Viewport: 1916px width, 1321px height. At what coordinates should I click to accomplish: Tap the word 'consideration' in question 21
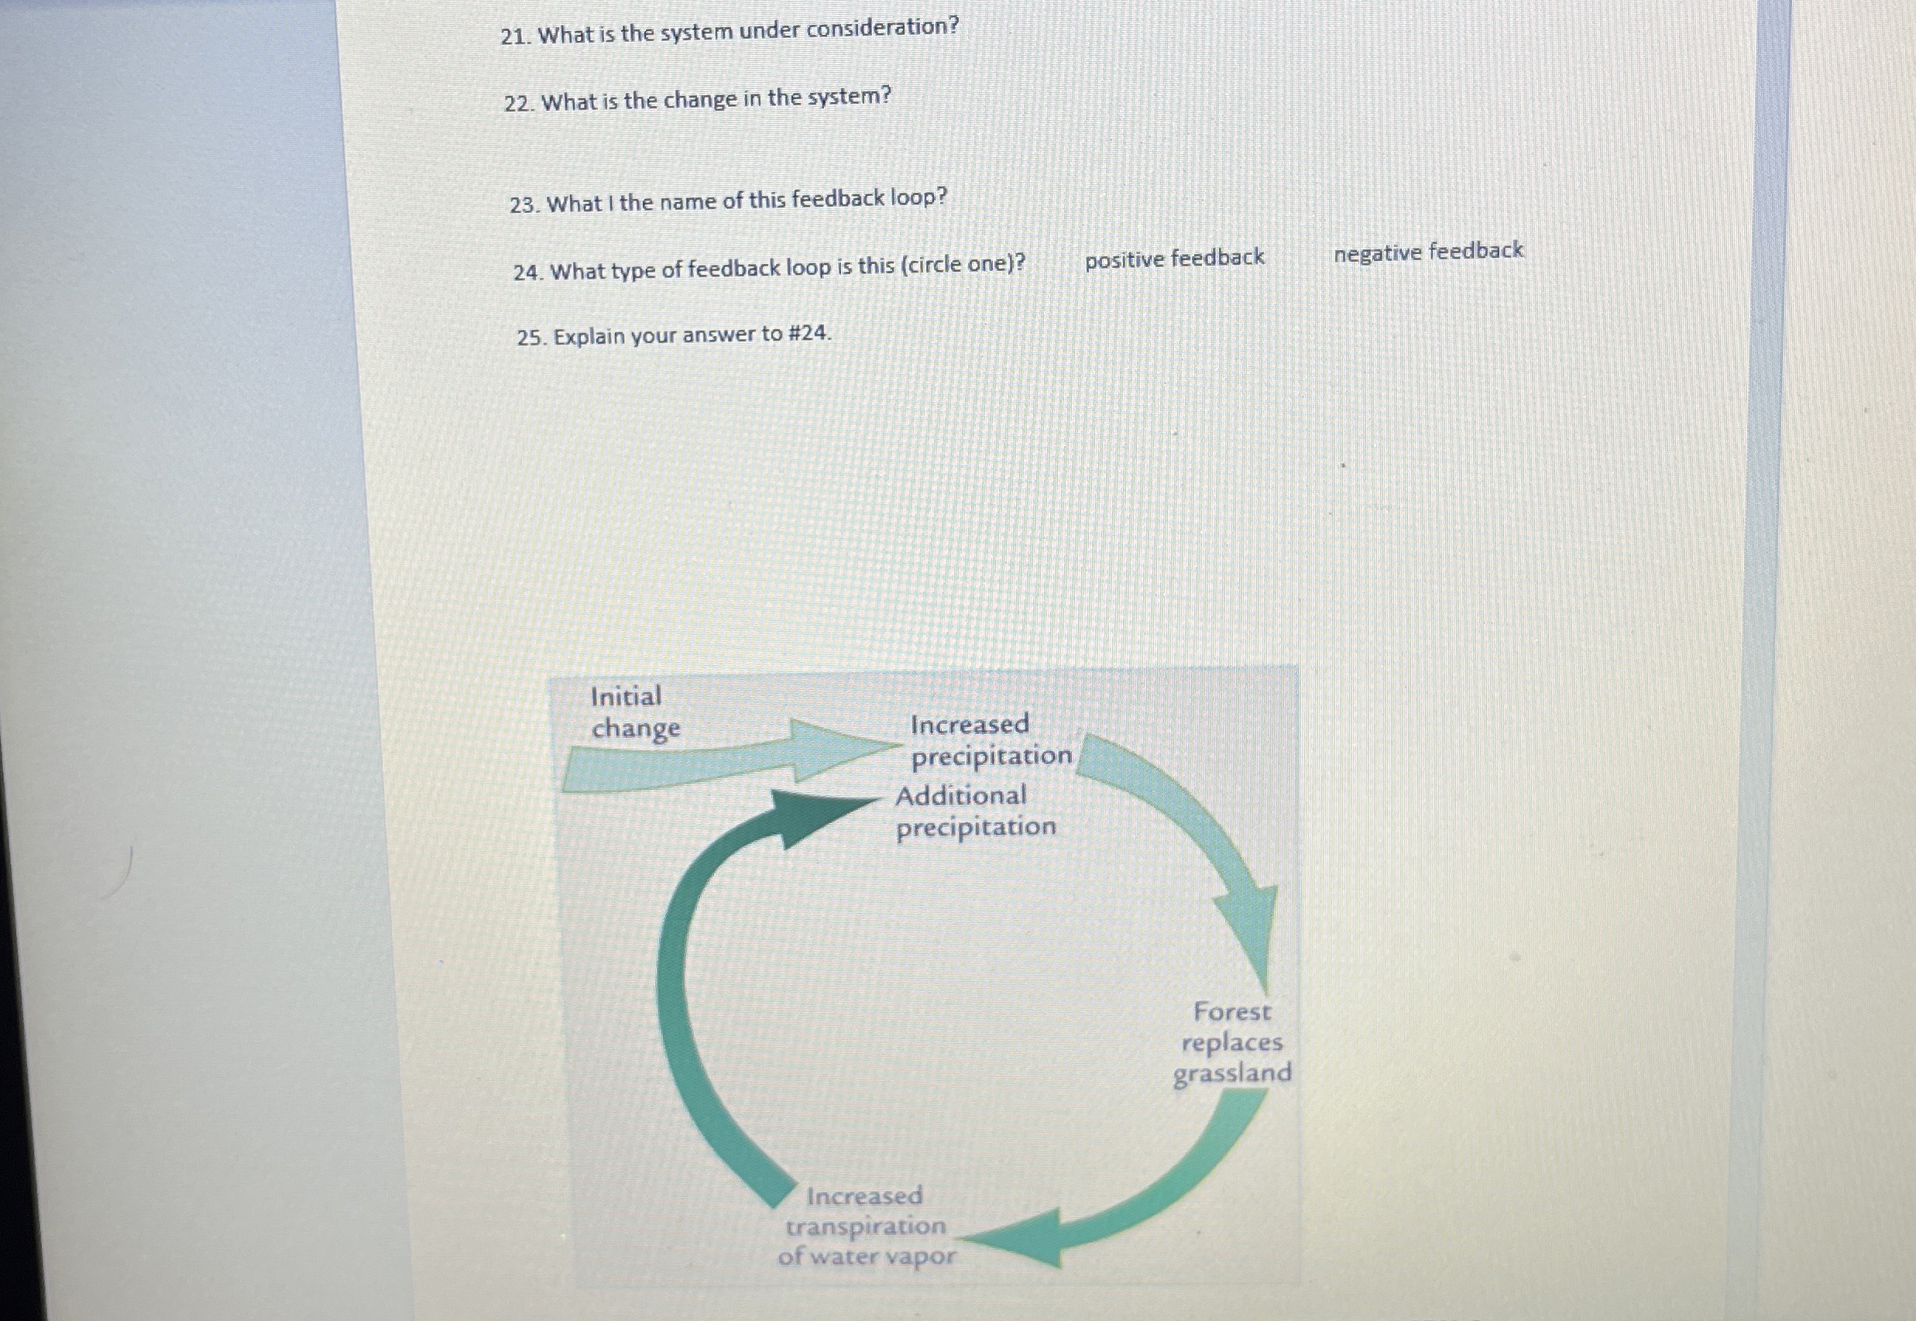click(x=879, y=28)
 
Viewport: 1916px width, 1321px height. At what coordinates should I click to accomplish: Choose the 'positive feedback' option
click(x=1173, y=259)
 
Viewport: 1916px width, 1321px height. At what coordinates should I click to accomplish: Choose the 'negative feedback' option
click(x=1427, y=251)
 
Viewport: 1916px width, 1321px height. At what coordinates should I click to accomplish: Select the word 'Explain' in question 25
click(x=588, y=337)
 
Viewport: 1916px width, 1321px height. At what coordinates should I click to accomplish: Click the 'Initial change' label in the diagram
click(x=634, y=712)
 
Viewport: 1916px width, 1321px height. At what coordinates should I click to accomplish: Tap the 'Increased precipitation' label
click(x=989, y=740)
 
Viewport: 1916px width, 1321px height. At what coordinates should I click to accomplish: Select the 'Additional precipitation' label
click(x=975, y=811)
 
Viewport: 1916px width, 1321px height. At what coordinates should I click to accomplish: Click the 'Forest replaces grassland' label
click(x=1231, y=1042)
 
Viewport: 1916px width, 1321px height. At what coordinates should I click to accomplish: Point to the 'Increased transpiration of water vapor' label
click(x=866, y=1226)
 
